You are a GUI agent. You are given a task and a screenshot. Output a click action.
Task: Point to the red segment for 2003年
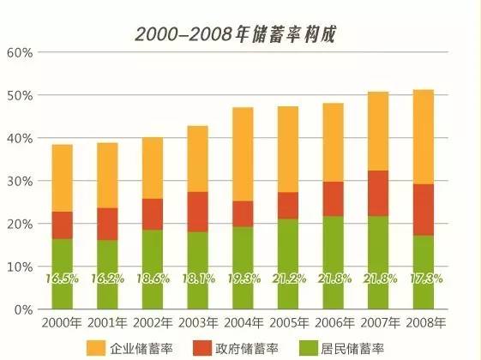click(197, 212)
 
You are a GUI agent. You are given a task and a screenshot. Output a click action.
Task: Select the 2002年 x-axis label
click(152, 322)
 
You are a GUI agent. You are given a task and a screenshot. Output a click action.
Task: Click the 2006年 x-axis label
click(333, 322)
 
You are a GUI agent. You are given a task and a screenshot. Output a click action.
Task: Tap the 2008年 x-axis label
click(424, 322)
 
